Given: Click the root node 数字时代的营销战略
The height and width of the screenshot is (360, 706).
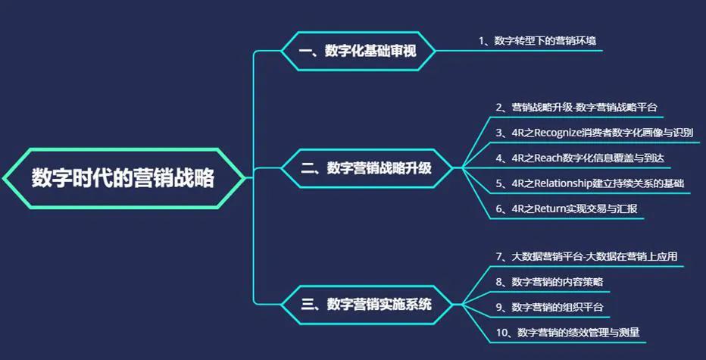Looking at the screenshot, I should pyautogui.click(x=123, y=179).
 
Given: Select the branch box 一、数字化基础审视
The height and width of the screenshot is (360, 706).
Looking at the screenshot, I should pyautogui.click(x=358, y=52).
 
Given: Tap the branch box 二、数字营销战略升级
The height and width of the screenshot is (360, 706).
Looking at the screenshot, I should pyautogui.click(x=367, y=168).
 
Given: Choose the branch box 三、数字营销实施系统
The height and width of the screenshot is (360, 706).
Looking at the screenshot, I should pyautogui.click(x=367, y=305).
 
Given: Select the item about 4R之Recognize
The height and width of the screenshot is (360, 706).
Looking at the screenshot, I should pyautogui.click(x=594, y=133).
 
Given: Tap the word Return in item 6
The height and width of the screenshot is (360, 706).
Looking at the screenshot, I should pyautogui.click(x=546, y=208).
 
